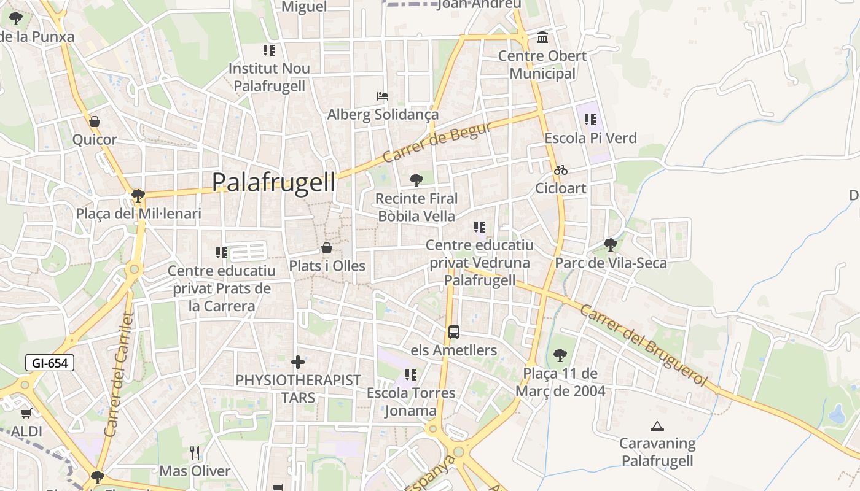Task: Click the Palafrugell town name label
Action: pyautogui.click(x=273, y=182)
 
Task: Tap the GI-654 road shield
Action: pyautogui.click(x=50, y=363)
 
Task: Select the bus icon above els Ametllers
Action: pyautogui.click(x=454, y=332)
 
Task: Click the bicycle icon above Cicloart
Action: pyautogui.click(x=561, y=170)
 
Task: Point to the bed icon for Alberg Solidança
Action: pyautogui.click(x=383, y=96)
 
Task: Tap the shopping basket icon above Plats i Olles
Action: pyautogui.click(x=327, y=248)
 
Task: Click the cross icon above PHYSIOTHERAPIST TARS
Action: pyautogui.click(x=298, y=362)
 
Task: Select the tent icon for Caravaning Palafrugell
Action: pyautogui.click(x=657, y=425)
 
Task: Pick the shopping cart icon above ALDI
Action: pyautogui.click(x=26, y=413)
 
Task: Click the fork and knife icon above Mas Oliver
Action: pyautogui.click(x=195, y=453)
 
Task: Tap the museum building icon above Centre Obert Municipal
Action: pyautogui.click(x=542, y=37)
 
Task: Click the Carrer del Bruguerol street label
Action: pyautogui.click(x=644, y=347)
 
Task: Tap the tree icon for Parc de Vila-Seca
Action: pyautogui.click(x=610, y=244)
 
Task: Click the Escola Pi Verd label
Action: pyautogui.click(x=590, y=138)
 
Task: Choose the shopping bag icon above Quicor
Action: pyautogui.click(x=94, y=122)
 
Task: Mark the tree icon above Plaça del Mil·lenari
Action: pyautogui.click(x=138, y=195)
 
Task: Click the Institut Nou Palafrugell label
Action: pyautogui.click(x=269, y=77)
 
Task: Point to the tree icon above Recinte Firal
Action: pyautogui.click(x=416, y=180)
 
